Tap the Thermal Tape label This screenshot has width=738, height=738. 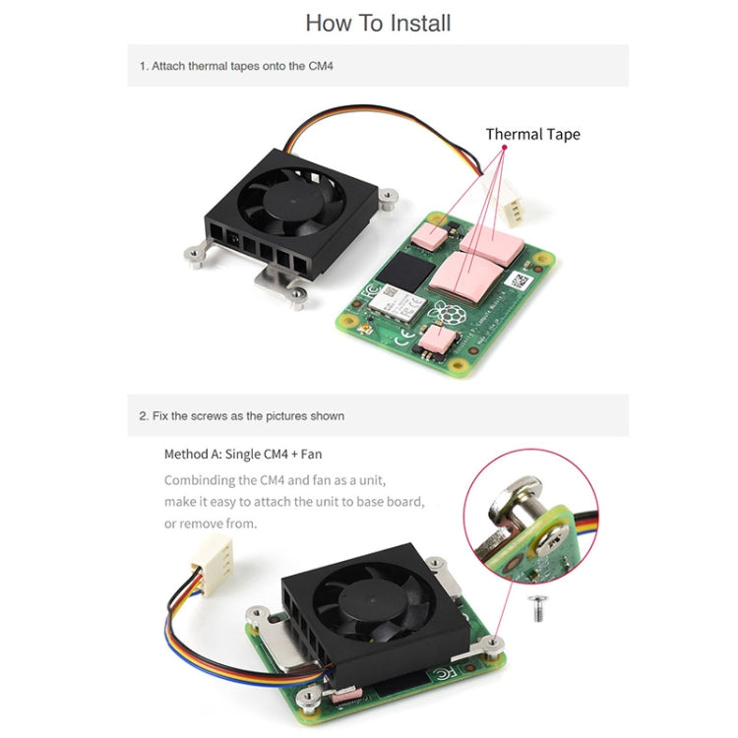(532, 134)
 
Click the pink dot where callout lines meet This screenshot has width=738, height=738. (504, 148)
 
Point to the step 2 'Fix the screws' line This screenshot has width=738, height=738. (242, 416)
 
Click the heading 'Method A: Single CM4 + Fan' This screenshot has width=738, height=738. (243, 455)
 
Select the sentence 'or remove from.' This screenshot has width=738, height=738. (212, 523)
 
